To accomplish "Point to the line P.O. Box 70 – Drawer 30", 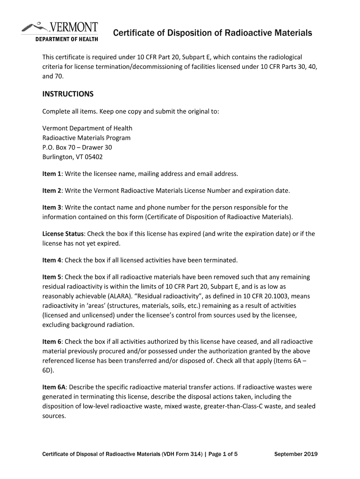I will [77, 147].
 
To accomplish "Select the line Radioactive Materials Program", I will [86, 138].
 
